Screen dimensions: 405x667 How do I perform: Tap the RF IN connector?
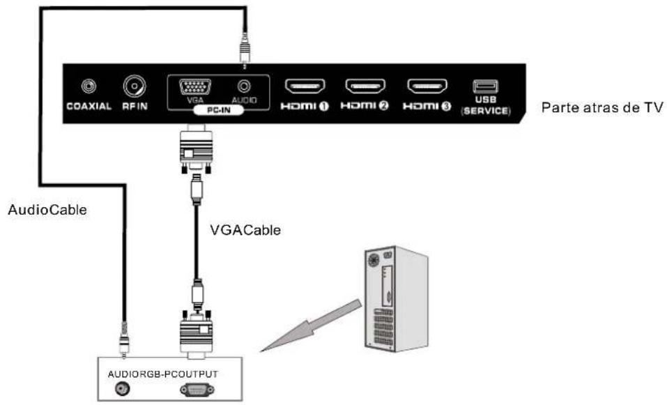tap(134, 86)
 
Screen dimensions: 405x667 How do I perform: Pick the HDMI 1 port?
tap(304, 87)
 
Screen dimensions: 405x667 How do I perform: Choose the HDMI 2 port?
tap(365, 87)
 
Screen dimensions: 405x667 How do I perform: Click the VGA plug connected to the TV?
tap(196, 150)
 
